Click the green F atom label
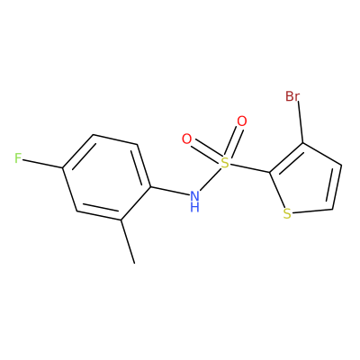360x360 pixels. pos(18,158)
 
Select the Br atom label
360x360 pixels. pos(292,96)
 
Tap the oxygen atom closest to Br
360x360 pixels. pos(242,121)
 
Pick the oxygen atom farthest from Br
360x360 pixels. pos(186,139)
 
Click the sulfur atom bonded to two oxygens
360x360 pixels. pos(225,163)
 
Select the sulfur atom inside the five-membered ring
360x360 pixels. pos(287,213)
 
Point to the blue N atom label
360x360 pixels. pos(194,197)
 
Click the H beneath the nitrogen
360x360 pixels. pos(194,207)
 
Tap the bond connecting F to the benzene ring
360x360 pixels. pos(42,163)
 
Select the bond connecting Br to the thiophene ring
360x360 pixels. pos(301,122)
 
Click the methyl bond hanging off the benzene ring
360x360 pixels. pos(128,242)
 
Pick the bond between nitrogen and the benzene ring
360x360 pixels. pos(170,192)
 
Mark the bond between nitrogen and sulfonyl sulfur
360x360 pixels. pos(210,179)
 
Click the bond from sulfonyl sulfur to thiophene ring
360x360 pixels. pos(249,168)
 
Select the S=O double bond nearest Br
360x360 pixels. pos(233,141)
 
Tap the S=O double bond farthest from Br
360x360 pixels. pos(206,150)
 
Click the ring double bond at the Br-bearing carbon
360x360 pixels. pos(287,158)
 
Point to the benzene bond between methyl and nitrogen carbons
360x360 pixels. pos(135,204)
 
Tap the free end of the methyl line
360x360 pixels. pos(135,264)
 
